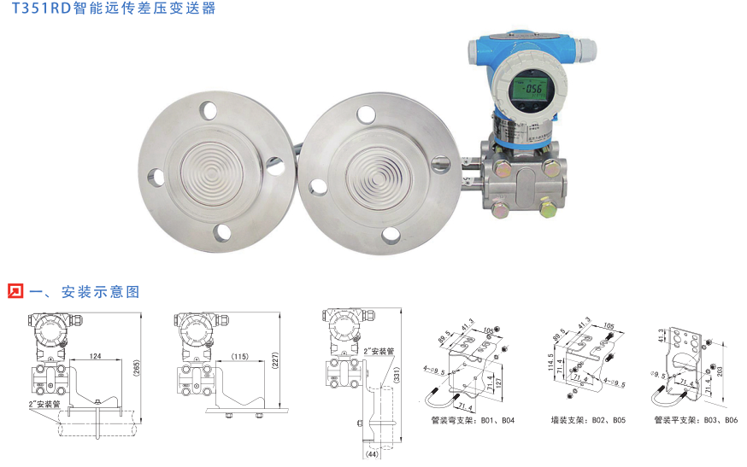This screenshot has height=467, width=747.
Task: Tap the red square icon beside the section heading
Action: coord(15,291)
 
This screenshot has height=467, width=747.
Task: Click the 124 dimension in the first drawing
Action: coord(95,355)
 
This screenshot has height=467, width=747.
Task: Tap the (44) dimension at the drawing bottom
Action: coord(371,455)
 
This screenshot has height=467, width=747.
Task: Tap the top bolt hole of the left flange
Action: coord(209,110)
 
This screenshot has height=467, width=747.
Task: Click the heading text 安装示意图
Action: coord(99,292)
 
